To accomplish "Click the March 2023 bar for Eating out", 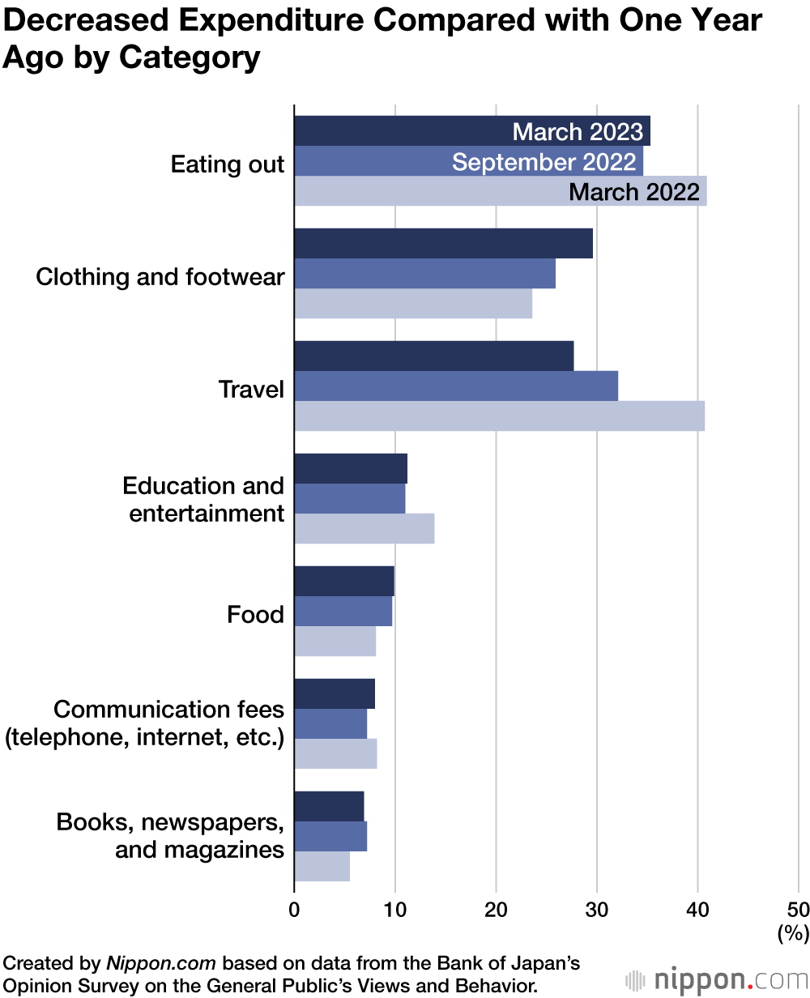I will click(x=405, y=131).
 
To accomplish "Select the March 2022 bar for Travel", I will click(x=499, y=416).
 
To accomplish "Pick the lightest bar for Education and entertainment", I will click(x=364, y=529).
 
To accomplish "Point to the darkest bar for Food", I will click(x=343, y=582).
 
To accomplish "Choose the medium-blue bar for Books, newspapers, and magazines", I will click(x=330, y=836).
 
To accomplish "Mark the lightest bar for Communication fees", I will click(x=335, y=753).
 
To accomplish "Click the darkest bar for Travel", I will click(x=433, y=356).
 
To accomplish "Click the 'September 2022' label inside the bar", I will click(x=544, y=162).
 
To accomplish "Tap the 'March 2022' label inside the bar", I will click(x=634, y=192).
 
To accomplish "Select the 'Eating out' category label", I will click(x=228, y=164).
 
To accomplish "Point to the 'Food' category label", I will click(x=255, y=615).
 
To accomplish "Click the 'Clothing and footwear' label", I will click(x=160, y=277).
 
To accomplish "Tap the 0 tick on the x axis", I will click(x=294, y=908).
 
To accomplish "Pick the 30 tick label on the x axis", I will click(x=597, y=908).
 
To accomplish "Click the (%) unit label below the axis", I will click(x=793, y=933).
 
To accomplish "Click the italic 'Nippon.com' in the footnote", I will click(x=160, y=964).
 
